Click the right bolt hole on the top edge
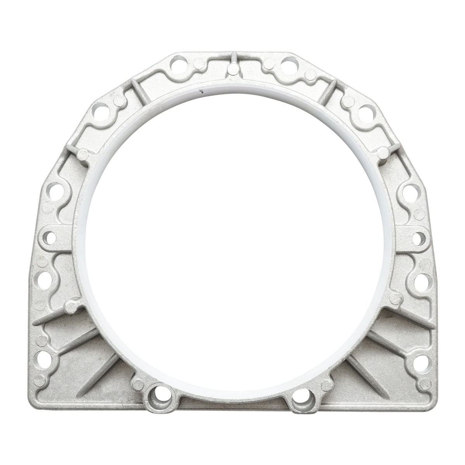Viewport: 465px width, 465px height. click(287, 62)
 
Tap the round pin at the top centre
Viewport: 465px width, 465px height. click(233, 69)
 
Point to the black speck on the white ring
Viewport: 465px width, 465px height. click(201, 92)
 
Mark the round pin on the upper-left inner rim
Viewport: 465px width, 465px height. click(83, 155)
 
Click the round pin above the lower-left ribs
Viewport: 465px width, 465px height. click(71, 308)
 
